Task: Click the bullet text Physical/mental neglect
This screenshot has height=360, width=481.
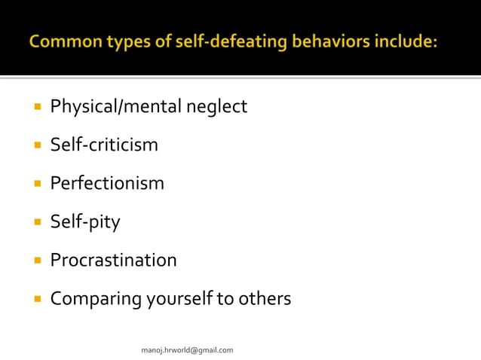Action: (x=149, y=107)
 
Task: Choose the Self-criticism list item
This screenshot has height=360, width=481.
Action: (x=104, y=145)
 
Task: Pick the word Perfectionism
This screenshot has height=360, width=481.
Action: (x=107, y=183)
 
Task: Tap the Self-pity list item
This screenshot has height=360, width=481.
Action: (x=85, y=222)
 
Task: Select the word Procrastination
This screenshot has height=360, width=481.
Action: (x=113, y=261)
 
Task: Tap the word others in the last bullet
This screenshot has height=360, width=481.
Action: (x=263, y=299)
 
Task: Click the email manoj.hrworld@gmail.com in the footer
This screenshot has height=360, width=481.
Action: (x=188, y=350)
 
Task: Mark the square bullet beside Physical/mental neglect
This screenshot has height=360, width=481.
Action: (x=36, y=107)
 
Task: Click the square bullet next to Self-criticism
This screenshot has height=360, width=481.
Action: (x=36, y=145)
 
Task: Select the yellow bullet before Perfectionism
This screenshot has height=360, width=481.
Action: (x=36, y=184)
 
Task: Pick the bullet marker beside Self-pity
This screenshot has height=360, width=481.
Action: (x=36, y=222)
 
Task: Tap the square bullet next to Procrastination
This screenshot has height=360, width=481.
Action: (x=36, y=261)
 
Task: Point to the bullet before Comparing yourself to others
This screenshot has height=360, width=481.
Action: (x=36, y=299)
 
